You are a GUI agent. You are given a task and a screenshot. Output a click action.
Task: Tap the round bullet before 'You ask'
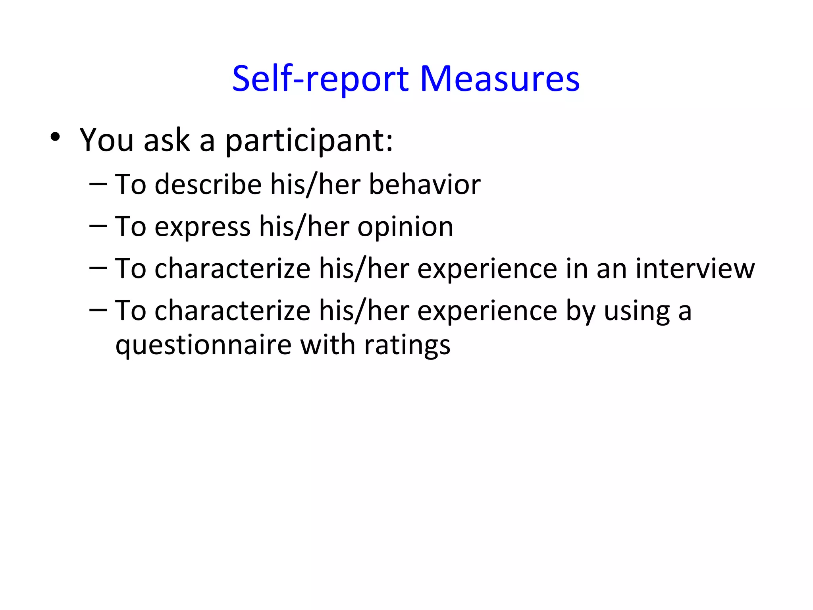pyautogui.click(x=55, y=137)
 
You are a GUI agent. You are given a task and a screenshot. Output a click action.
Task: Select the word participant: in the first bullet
pyautogui.click(x=309, y=141)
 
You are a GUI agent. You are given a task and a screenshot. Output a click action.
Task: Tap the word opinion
pyautogui.click(x=405, y=227)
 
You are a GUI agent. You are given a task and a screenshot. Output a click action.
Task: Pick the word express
pyautogui.click(x=202, y=227)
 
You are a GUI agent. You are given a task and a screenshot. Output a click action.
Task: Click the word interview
pyautogui.click(x=695, y=268)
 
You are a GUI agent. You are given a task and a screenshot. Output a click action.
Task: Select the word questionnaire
pyautogui.click(x=204, y=345)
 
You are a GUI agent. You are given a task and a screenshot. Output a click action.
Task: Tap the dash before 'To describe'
pyautogui.click(x=98, y=184)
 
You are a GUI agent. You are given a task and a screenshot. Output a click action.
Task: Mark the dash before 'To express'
pyautogui.click(x=98, y=226)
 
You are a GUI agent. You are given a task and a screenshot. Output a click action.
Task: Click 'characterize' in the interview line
pyautogui.click(x=232, y=268)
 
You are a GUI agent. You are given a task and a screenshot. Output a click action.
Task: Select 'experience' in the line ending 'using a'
pyautogui.click(x=487, y=311)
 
